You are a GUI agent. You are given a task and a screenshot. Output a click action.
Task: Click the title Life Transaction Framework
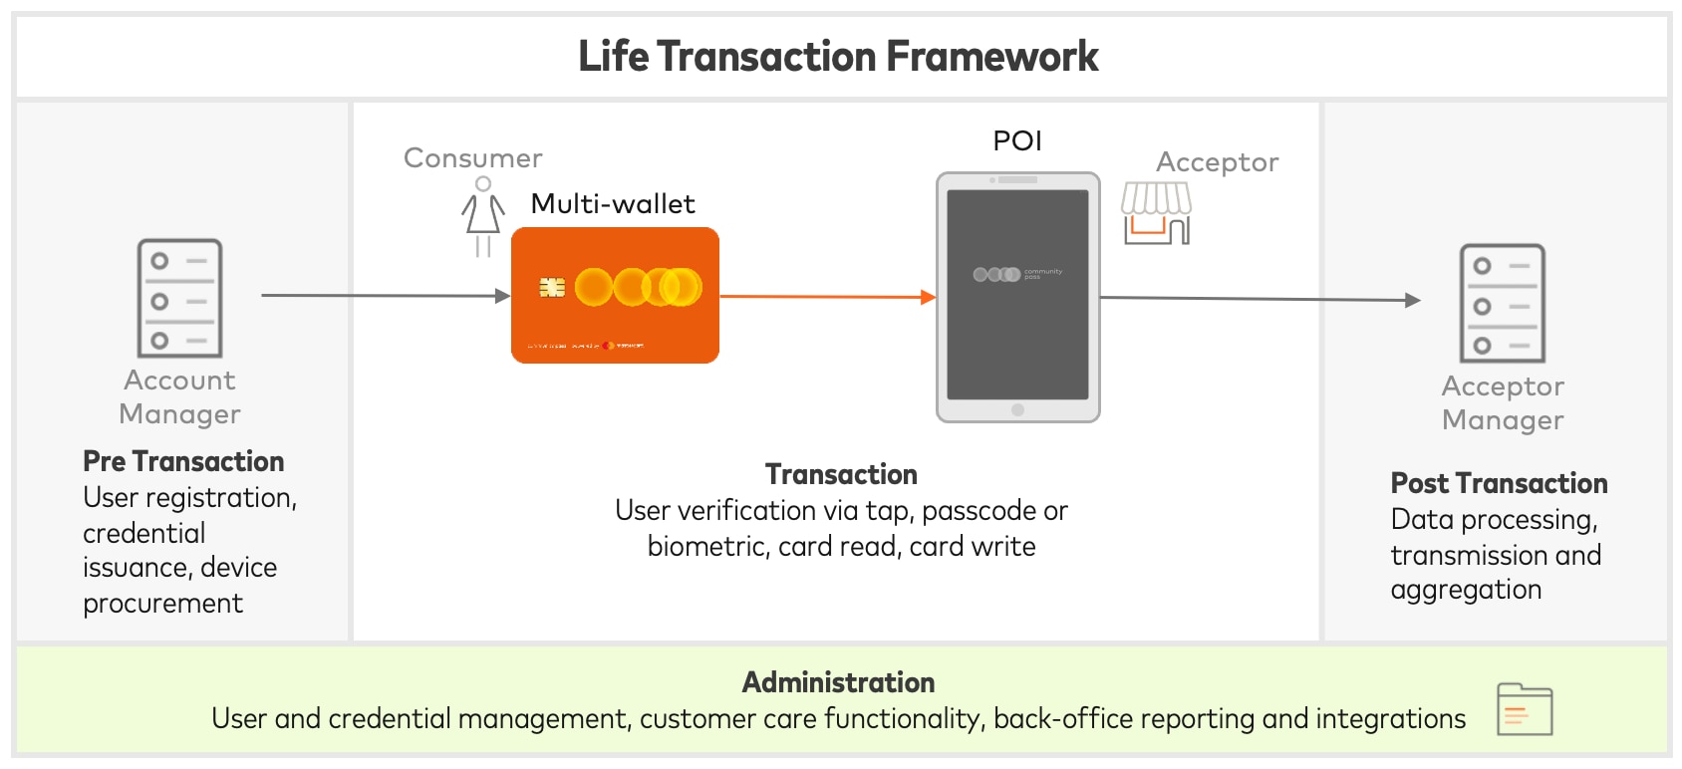coord(838,57)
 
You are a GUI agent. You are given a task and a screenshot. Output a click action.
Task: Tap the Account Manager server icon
coord(179,298)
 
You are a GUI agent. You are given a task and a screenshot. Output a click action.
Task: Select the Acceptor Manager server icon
coord(1502,303)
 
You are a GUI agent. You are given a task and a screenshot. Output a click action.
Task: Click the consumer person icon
coord(483,216)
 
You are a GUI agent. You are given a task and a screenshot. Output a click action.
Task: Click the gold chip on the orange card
coord(552,288)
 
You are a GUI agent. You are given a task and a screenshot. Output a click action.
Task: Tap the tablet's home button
coord(1017,409)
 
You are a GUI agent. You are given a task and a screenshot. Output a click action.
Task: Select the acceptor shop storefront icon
coord(1156,213)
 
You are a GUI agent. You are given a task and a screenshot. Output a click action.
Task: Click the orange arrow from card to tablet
coord(827,297)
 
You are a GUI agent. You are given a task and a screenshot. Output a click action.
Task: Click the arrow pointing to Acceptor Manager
coord(1261,299)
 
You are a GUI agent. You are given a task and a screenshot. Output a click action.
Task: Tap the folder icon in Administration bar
coord(1525,709)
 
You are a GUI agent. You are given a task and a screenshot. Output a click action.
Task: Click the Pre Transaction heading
coord(183,461)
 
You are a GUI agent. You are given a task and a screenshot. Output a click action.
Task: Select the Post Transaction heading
coord(1499,483)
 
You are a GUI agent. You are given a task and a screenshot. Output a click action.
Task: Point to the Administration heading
coord(838,682)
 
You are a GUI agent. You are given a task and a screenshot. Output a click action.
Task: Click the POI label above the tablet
coord(1017,141)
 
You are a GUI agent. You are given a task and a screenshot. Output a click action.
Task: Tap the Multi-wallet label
coord(613,204)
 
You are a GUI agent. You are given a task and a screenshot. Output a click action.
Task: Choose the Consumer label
coord(473,158)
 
